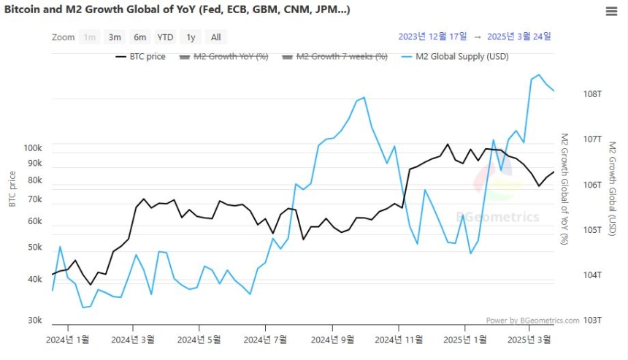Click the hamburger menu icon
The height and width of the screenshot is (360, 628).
tap(611, 11)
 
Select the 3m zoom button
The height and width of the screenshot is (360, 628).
tap(115, 37)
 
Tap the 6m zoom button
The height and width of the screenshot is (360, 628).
tap(139, 37)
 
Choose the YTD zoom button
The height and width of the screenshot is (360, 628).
tap(165, 37)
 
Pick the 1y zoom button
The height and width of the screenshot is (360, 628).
tap(191, 37)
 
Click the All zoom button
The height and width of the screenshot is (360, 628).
tap(216, 37)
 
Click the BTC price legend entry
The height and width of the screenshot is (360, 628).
tap(141, 56)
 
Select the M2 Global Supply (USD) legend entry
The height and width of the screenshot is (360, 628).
tap(455, 56)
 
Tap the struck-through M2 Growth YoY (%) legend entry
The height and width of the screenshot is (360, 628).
tap(224, 56)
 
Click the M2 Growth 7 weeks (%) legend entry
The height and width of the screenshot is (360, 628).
tap(335, 56)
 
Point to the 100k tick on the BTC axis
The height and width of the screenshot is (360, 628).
tap(33, 148)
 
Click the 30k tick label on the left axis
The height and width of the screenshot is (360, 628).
tap(35, 320)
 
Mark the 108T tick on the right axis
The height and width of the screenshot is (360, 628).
tap(592, 94)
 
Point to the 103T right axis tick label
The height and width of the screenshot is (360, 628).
tap(592, 320)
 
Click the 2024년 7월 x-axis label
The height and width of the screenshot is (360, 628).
tap(265, 340)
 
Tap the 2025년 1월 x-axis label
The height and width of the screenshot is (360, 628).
tap(465, 340)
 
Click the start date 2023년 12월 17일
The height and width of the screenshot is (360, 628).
tap(432, 37)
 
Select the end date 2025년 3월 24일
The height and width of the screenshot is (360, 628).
tap(519, 37)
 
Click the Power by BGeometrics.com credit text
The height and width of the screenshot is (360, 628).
tap(532, 321)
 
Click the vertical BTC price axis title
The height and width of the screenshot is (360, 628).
tap(12, 189)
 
